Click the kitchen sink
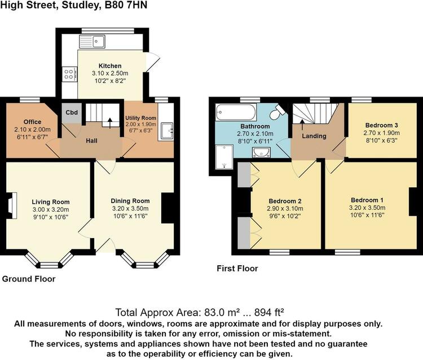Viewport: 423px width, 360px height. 92,42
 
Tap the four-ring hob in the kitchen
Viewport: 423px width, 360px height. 69,74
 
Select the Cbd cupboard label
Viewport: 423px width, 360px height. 72,112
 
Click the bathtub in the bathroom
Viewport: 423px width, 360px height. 236,112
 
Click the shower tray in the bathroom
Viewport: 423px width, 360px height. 224,157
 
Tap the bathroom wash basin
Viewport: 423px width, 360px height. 261,152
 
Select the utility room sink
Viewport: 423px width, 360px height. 167,131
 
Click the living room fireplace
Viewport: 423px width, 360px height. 12,205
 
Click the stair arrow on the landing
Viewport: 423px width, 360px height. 302,125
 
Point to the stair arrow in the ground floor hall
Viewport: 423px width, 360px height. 110,122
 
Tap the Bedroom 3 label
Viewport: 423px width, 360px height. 381,125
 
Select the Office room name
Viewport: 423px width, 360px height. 32,122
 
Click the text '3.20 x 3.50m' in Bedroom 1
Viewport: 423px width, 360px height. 367,208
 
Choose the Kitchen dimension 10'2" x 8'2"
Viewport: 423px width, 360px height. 110,81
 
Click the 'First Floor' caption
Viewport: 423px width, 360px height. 237,268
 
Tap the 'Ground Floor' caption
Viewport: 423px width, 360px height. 29,279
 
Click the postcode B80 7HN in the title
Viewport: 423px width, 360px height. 126,5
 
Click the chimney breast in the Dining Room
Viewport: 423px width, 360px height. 168,208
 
